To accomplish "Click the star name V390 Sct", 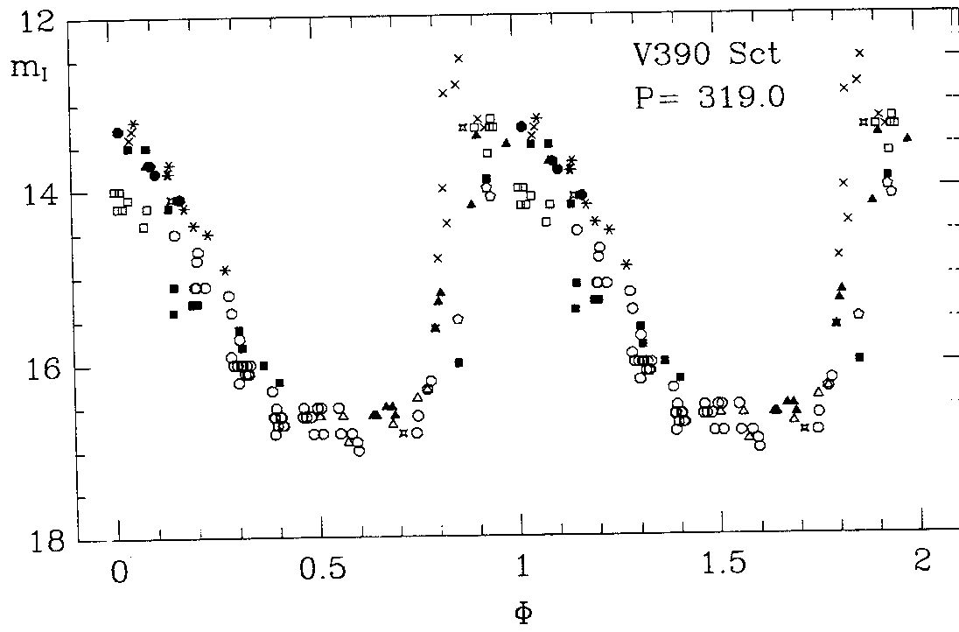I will (x=705, y=54).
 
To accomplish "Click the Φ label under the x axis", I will (x=521, y=611).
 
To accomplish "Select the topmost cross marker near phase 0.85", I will (x=458, y=58).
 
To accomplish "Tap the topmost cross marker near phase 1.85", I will (x=859, y=53).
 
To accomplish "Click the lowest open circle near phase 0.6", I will (x=359, y=451).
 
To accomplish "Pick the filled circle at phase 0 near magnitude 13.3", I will (x=117, y=133).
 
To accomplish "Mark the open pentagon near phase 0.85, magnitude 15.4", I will (x=458, y=319).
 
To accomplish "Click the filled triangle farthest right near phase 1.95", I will (x=907, y=137).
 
